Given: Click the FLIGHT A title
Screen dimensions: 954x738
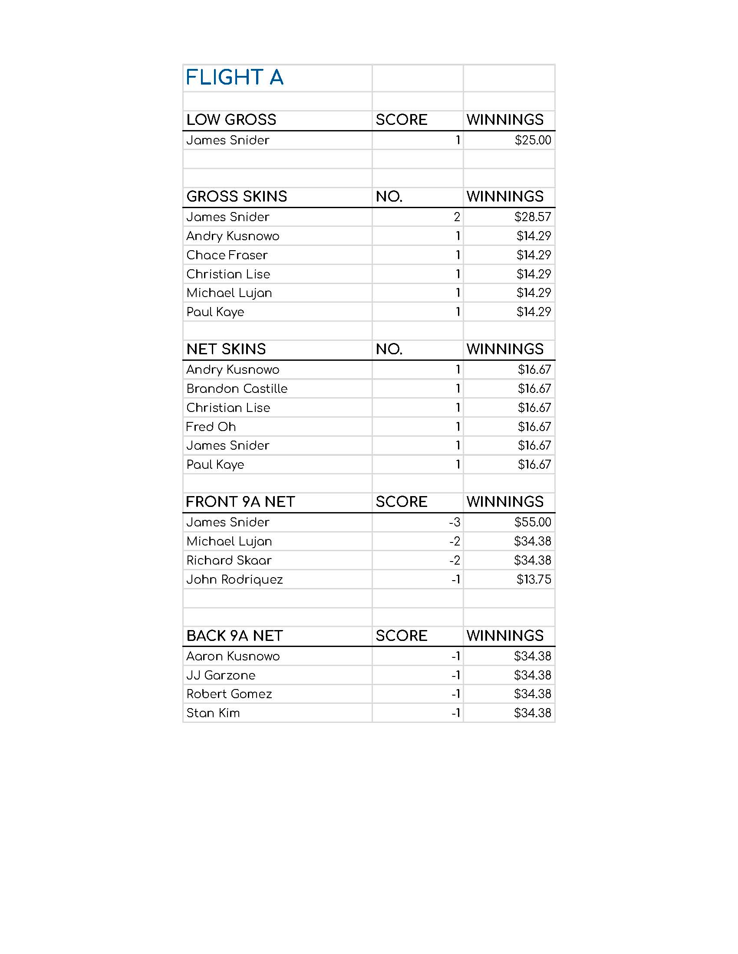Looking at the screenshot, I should click(x=235, y=78).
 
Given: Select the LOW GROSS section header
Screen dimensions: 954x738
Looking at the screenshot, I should click(x=231, y=120).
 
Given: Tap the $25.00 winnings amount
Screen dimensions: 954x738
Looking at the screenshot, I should click(x=533, y=140).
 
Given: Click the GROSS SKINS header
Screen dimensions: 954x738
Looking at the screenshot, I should click(x=237, y=196).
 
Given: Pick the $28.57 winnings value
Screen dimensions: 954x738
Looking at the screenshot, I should click(x=533, y=217).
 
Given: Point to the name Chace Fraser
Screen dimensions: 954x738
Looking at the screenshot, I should click(x=227, y=255).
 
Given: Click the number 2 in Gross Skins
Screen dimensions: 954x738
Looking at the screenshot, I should click(x=457, y=217).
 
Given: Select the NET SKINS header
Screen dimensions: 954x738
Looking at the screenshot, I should click(x=226, y=349).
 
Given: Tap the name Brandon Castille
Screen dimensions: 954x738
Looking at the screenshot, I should click(x=237, y=389).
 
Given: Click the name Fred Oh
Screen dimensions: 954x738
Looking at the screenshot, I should click(x=211, y=427).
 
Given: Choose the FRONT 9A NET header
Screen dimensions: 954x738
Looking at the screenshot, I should click(x=241, y=502).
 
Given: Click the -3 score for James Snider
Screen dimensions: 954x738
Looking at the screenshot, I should click(x=455, y=523).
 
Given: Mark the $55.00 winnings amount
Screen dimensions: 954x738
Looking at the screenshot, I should click(x=533, y=523).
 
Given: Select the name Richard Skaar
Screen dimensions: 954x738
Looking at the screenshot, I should click(x=229, y=560).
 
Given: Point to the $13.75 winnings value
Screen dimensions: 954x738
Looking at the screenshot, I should click(x=534, y=580).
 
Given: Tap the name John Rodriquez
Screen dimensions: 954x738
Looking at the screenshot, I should click(x=235, y=580).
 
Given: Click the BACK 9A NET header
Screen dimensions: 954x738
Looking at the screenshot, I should click(x=235, y=636).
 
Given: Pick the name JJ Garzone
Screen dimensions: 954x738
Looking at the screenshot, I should click(x=221, y=675).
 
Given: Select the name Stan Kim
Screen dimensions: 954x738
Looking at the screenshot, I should click(x=213, y=713).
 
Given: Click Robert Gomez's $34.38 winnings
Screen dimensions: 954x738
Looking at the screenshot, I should click(x=533, y=694).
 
